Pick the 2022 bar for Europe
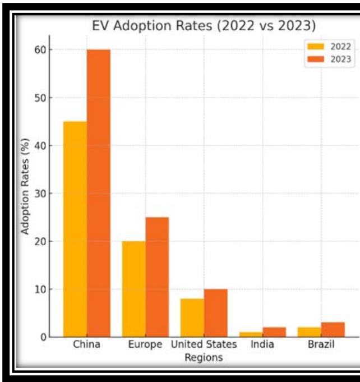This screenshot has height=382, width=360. tap(133, 289)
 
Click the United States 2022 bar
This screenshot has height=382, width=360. tap(192, 317)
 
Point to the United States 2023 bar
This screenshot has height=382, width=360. tap(216, 313)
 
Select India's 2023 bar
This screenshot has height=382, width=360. tap(274, 332)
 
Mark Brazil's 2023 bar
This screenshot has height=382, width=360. tap(333, 330)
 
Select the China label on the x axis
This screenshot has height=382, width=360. tap(86, 344)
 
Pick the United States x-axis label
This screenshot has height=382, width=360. tap(204, 344)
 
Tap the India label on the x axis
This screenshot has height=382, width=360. tap(262, 344)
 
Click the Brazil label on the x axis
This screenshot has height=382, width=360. tap(321, 344)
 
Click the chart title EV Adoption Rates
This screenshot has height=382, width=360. tap(204, 26)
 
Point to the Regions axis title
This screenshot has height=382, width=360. tap(204, 357)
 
